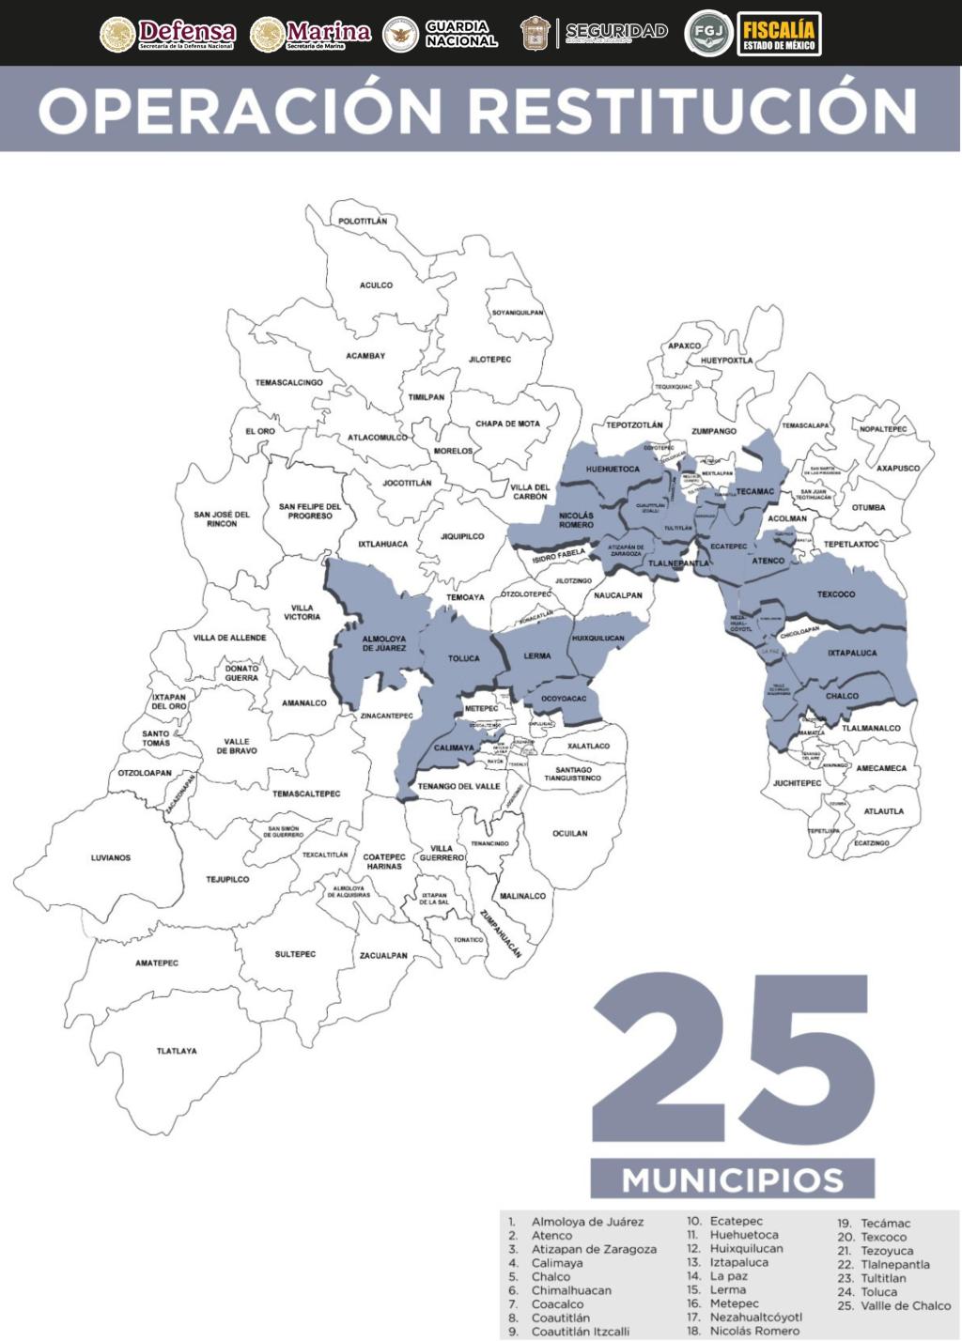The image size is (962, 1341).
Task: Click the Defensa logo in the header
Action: tap(168, 34)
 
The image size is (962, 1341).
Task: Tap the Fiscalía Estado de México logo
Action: tap(779, 34)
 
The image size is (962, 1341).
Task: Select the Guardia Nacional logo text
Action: tap(460, 34)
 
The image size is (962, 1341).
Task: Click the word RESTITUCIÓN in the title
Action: tap(692, 110)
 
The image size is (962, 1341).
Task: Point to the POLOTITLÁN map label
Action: tap(363, 221)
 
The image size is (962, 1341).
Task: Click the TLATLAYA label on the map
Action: tap(177, 1051)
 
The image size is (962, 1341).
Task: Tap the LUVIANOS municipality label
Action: tap(111, 857)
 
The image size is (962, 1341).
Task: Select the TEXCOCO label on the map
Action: tap(836, 594)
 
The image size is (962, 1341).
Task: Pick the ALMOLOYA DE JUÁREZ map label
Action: tap(383, 643)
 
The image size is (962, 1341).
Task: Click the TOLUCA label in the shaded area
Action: tap(463, 658)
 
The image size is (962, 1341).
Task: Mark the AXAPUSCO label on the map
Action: tap(898, 468)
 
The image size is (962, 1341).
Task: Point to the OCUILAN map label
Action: tap(569, 833)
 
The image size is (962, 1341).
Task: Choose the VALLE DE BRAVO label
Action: tap(237, 747)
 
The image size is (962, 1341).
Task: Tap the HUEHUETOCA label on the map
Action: tap(613, 469)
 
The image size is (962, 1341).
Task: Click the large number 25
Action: tap(733, 1057)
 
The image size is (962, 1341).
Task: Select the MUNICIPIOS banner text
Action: tap(733, 1179)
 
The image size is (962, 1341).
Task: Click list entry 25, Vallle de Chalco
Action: tap(905, 1305)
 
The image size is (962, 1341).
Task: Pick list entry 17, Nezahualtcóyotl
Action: tap(755, 1318)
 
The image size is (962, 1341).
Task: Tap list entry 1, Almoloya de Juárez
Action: tap(587, 1222)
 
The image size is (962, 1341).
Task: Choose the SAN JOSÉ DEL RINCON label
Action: tap(222, 518)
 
